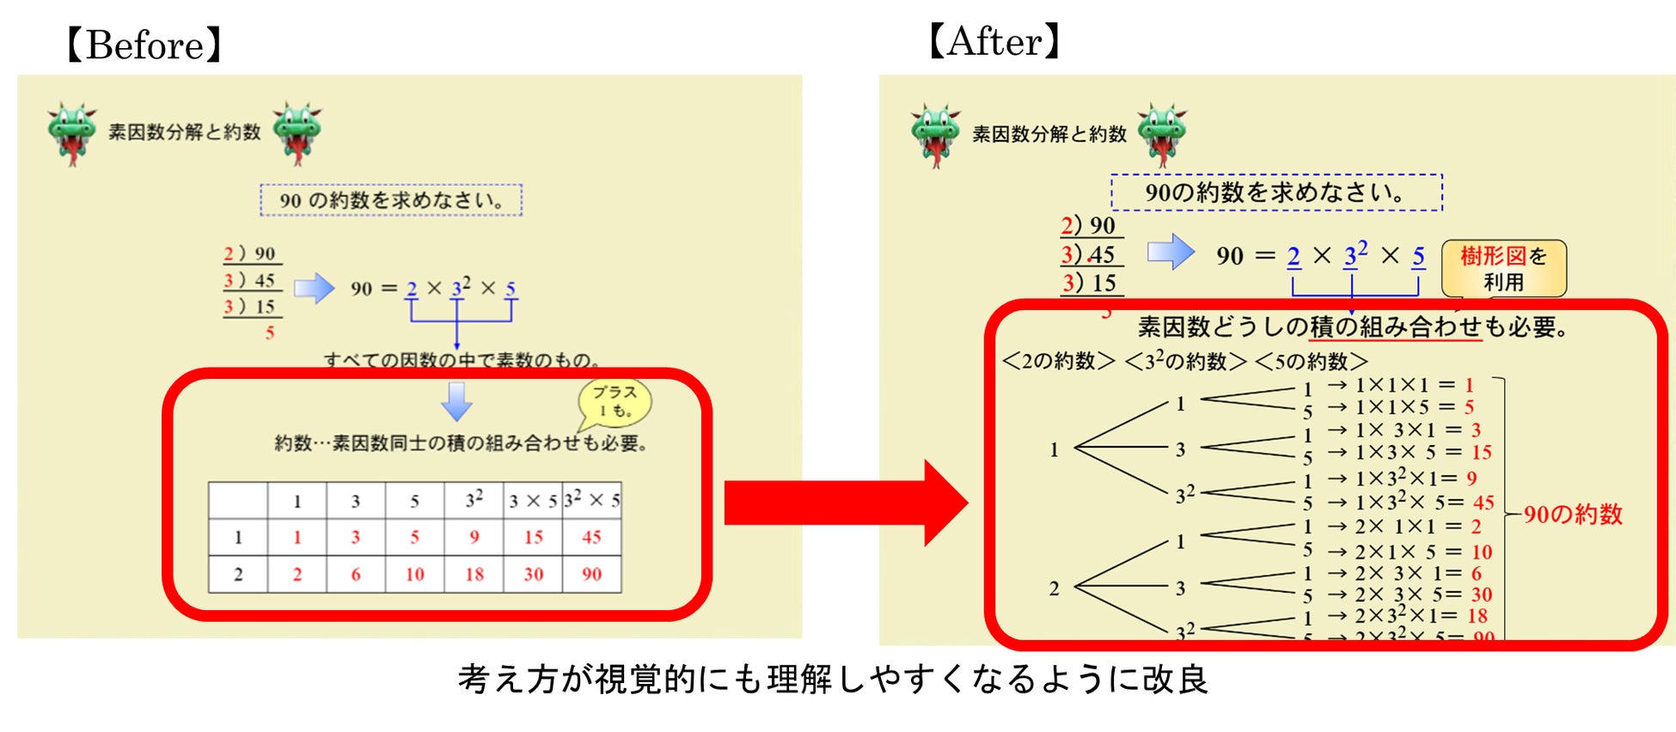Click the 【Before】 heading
144,45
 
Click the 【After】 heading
994,40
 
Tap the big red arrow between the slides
847,503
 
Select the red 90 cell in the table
591,574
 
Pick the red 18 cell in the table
474,574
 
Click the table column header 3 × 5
533,501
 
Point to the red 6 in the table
356,574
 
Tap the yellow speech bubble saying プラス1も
615,401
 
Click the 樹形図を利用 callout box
1503,268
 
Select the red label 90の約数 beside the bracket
1573,514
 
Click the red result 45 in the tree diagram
1483,503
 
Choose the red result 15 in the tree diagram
1481,452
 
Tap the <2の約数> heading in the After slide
1059,361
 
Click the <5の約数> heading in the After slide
1311,361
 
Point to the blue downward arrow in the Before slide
456,401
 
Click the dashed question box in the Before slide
391,200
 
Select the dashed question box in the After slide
1276,192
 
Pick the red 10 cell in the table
414,574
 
